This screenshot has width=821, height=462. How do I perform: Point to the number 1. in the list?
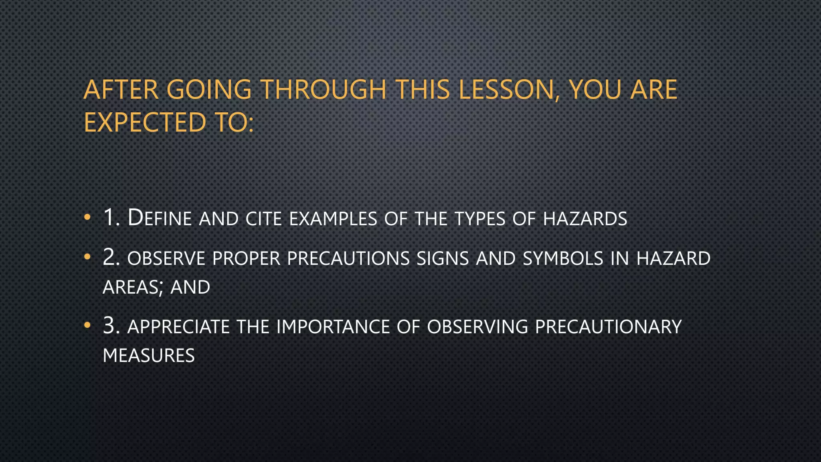click(x=111, y=218)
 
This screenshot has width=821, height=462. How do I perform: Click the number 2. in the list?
click(x=111, y=257)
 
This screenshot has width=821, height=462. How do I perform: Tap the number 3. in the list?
click(x=111, y=326)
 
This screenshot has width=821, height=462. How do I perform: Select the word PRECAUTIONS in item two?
click(x=348, y=258)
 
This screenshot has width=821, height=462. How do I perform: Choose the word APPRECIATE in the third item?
click(x=178, y=327)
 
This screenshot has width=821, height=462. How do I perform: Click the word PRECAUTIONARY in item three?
click(x=608, y=327)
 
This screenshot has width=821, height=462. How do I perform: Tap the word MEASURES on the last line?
click(x=149, y=356)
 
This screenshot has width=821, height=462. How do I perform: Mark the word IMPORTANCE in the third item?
click(x=333, y=327)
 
